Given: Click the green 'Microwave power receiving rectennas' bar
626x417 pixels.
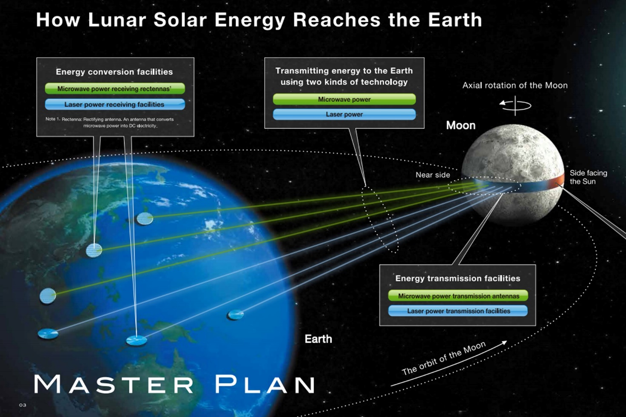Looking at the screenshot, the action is click(x=115, y=88).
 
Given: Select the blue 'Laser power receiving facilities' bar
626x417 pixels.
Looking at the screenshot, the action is click(x=115, y=104).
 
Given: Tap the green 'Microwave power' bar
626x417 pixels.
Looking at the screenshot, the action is click(x=344, y=99).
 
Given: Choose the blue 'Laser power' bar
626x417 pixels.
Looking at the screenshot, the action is click(x=344, y=114).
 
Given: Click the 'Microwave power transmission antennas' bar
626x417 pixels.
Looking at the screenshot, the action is click(x=458, y=295).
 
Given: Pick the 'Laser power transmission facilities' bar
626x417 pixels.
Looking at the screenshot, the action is click(x=458, y=311).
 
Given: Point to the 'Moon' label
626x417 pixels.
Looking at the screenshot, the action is click(x=461, y=125).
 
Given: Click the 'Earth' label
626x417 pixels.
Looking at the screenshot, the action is click(x=318, y=339).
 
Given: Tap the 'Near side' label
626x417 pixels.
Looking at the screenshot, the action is click(x=433, y=175).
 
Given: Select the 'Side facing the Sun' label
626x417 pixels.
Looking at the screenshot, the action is click(x=588, y=177).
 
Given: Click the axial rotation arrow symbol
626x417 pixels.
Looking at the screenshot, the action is click(x=515, y=105).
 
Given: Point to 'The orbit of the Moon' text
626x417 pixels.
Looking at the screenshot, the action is click(x=444, y=358).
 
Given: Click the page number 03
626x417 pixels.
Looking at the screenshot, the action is click(x=23, y=405).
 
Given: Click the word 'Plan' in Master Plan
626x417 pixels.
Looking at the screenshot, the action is click(x=265, y=384).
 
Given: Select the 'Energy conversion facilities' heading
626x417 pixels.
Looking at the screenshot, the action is click(x=114, y=72).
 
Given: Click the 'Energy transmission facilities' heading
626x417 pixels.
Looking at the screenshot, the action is click(x=458, y=278).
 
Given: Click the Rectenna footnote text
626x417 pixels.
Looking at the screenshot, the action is click(x=110, y=122).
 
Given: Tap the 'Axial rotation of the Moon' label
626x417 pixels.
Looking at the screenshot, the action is click(x=515, y=85).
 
